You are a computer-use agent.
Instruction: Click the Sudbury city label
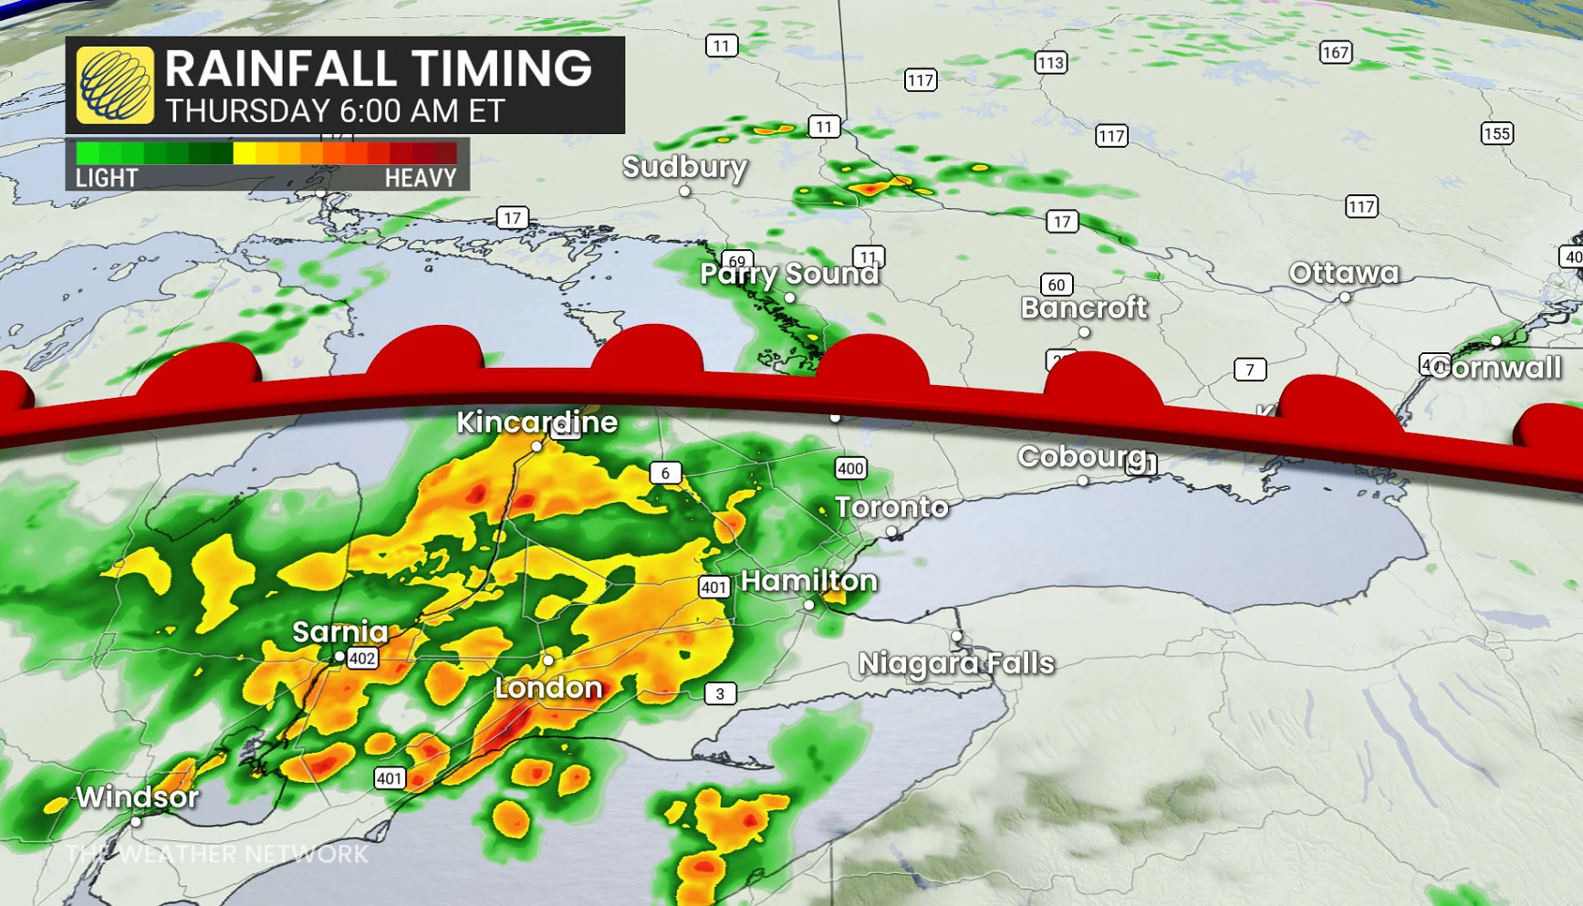tap(684, 167)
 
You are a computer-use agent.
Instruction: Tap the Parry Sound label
tap(788, 274)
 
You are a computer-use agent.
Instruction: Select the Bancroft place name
tap(1083, 308)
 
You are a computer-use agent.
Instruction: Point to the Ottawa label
tap(1343, 273)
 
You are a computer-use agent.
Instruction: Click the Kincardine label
tap(536, 422)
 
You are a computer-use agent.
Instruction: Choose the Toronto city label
tap(891, 507)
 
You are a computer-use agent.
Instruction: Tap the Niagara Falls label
tap(955, 663)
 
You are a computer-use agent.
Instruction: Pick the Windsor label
tap(137, 797)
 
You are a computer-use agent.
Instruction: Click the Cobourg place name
tap(1081, 456)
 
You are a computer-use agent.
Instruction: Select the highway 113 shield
tap(1050, 63)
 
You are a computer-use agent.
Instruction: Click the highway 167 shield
tap(1335, 53)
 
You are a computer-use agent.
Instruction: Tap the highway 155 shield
tap(1496, 134)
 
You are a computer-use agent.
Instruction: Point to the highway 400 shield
tap(849, 469)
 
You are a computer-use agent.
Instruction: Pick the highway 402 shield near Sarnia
tap(362, 659)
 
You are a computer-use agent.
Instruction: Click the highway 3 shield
tap(720, 693)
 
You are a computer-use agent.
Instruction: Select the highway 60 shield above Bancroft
tap(1057, 285)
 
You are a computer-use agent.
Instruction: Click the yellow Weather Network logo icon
tap(115, 86)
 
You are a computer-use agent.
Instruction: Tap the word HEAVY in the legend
tap(420, 178)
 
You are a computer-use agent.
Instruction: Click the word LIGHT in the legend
tap(107, 178)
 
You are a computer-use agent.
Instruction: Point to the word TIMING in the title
tap(501, 69)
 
